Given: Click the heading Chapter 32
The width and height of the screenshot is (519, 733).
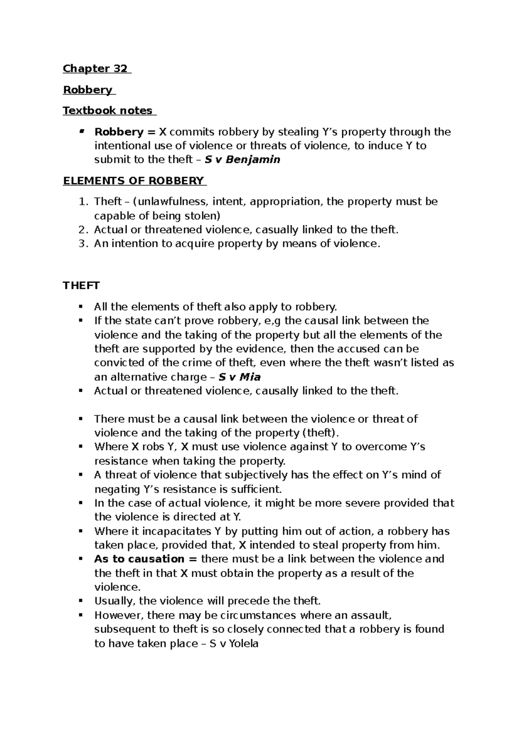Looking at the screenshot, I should coord(96,68).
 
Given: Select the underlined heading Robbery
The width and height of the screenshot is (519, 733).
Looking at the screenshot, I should coord(88,89).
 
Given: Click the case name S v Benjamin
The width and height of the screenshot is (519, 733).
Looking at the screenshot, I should coord(242,159).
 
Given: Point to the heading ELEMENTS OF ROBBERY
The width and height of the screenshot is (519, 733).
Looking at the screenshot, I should coord(134,181).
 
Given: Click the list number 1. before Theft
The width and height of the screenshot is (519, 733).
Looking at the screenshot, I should coord(84,201).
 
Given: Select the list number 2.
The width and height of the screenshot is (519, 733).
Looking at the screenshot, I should coord(84,229).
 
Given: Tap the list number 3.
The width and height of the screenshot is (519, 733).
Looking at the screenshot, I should coord(84,243).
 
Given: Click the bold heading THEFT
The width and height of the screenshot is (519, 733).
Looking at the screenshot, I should coord(81,286).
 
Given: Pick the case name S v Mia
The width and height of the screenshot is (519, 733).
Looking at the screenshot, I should coord(240,377).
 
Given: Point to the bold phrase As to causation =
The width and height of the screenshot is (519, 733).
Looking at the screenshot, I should coord(145,559).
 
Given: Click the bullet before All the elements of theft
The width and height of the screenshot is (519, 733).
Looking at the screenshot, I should coord(80,307).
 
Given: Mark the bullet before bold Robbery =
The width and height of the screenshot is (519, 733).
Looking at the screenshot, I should coord(80,131).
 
